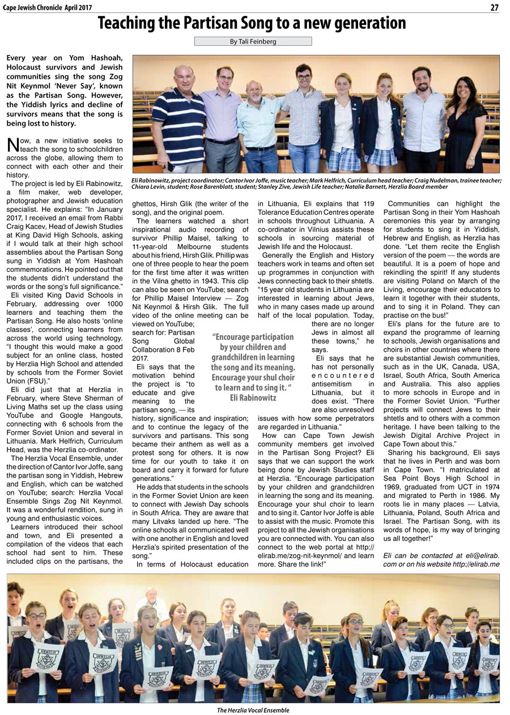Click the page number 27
(x=494, y=7)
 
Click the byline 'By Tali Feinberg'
(x=253, y=41)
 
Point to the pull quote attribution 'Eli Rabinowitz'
(x=253, y=398)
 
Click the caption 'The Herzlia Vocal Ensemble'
(x=253, y=710)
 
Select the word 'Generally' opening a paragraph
(x=282, y=255)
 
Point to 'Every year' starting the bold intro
(x=25, y=58)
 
